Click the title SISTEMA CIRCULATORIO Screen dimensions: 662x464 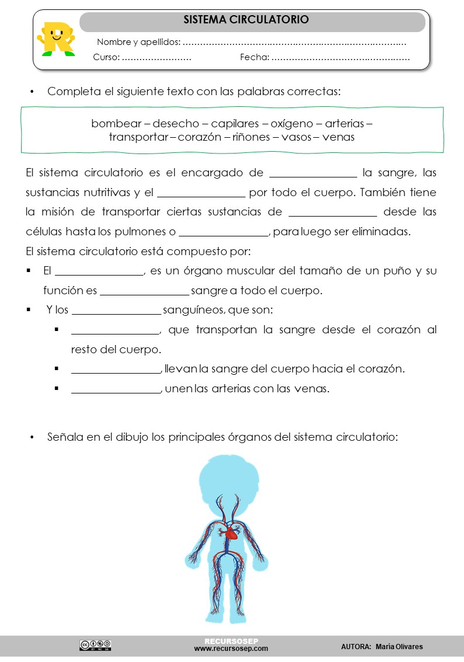tap(246, 20)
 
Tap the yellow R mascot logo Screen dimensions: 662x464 tap(56, 39)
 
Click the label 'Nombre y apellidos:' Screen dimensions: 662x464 tap(138, 42)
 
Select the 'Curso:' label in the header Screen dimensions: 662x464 tap(106, 58)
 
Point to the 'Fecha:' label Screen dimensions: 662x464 tap(255, 58)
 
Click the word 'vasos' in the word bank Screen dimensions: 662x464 tap(296, 138)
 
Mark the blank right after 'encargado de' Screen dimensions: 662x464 tap(313, 173)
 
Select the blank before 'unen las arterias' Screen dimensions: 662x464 tap(116, 389)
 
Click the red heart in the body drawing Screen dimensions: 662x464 tap(232, 532)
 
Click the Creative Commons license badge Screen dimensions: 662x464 tap(95, 645)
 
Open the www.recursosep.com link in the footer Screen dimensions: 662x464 tap(231, 649)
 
